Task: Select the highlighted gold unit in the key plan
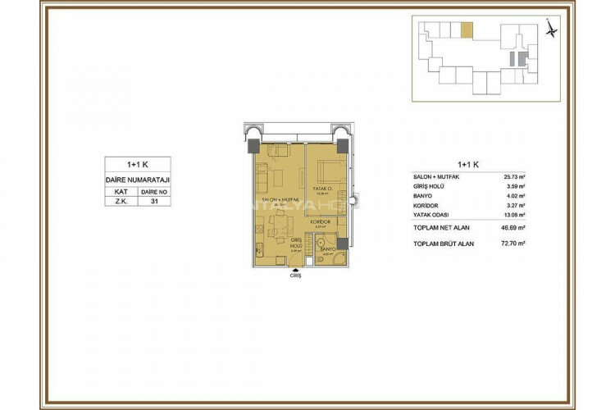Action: (466, 30)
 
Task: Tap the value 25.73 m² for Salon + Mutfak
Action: (514, 176)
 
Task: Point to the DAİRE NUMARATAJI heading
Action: (137, 179)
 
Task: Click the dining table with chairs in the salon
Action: (280, 220)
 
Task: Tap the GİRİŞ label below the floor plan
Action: (296, 277)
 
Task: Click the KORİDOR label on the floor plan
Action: (320, 222)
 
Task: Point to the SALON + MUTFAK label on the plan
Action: (278, 200)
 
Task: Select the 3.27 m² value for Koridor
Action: (515, 207)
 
